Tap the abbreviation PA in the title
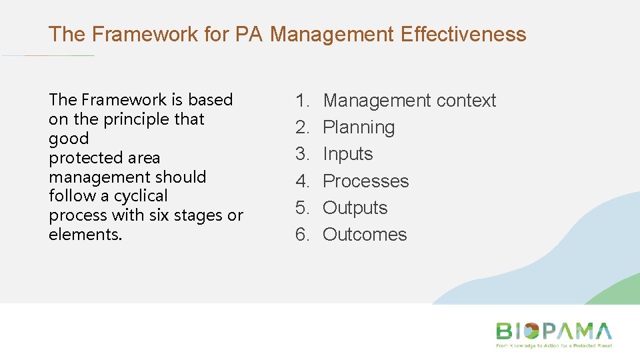point(251,34)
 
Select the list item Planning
point(359,127)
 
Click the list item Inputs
point(347,154)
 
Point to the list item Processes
point(365,181)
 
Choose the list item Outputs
point(355,208)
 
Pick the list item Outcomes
point(365,235)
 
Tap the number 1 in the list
point(303,101)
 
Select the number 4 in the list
point(303,181)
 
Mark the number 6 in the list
point(303,235)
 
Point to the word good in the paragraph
point(68,139)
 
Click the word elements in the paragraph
point(85,235)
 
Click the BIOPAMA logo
point(553,331)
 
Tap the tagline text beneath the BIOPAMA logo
point(553,346)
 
